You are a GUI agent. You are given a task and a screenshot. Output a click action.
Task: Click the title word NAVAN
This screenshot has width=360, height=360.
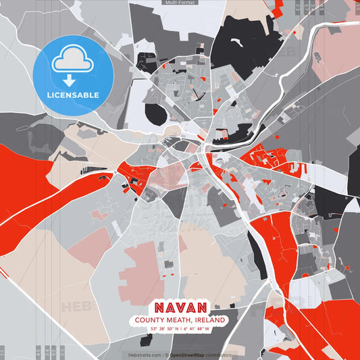tap(180, 307)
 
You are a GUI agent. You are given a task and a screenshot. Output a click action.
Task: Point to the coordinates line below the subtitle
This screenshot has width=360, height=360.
tap(180, 330)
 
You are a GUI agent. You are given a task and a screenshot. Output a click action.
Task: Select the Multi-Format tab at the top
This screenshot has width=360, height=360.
tap(180, 3)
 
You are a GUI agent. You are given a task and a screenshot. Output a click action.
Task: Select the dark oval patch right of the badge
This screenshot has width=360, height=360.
tap(155, 113)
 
